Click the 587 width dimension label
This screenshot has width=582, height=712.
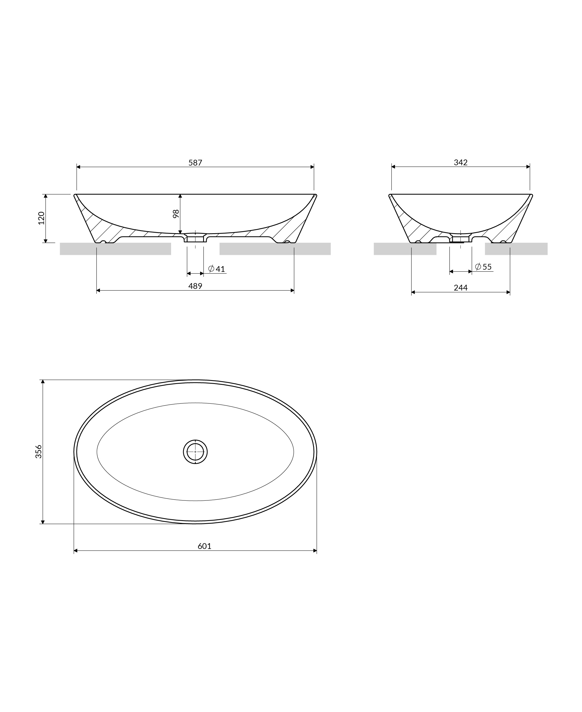[x=195, y=163]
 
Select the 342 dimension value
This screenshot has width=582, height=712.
[x=461, y=163]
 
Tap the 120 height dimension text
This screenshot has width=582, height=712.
[x=41, y=218]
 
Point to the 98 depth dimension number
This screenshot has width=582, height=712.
[x=176, y=214]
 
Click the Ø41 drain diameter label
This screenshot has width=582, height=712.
[x=217, y=269]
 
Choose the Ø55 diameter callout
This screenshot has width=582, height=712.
[x=483, y=267]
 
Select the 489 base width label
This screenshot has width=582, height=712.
[x=195, y=286]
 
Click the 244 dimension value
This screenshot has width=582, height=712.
[x=461, y=287]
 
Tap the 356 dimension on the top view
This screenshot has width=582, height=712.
[x=39, y=452]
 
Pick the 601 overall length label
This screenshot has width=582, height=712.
[x=204, y=546]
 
